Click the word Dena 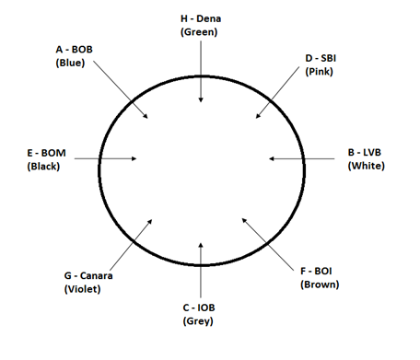(x=208, y=18)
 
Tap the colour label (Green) (x=199, y=32)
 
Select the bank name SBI (x=329, y=58)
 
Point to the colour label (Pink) (x=319, y=72)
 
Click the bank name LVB (x=372, y=153)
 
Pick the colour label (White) (x=367, y=166)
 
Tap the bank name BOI (x=323, y=272)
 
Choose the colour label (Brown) (x=320, y=285)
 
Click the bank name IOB (x=206, y=308)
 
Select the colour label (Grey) (x=198, y=321)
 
